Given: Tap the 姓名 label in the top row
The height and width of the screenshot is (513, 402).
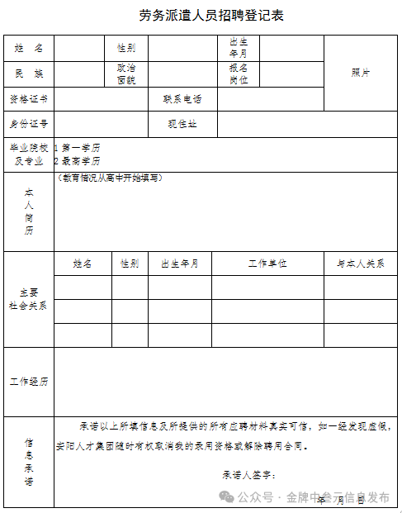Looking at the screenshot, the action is tap(29, 49).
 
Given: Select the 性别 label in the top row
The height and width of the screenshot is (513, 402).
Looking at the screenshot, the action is tap(126, 49).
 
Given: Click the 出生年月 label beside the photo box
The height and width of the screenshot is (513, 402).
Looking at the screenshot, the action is tap(239, 48).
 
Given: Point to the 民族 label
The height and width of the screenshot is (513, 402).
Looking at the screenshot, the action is tap(29, 74).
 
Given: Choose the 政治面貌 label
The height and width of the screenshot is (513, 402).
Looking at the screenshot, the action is tap(126, 74).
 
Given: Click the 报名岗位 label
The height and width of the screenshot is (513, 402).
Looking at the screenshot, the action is tap(239, 74).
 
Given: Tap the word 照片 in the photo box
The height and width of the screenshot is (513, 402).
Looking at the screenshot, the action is tap(361, 73).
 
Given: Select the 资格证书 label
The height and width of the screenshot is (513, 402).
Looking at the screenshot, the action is tap(29, 99).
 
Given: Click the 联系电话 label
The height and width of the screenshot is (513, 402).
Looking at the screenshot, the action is tap(182, 99).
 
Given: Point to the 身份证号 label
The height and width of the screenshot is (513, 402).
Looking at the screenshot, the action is tap(29, 124).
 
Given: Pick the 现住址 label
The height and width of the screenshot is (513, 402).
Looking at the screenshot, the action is tap(182, 124).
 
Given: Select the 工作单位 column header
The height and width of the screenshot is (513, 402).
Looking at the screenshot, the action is tap(267, 264).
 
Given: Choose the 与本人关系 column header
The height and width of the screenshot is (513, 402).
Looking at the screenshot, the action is tap(360, 264).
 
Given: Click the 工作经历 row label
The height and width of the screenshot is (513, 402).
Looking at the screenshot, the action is tap(29, 382).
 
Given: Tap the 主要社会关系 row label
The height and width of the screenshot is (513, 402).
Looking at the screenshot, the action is tap(29, 299).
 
